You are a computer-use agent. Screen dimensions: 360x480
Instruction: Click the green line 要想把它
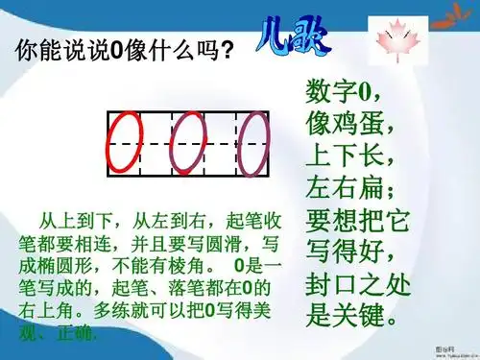358,219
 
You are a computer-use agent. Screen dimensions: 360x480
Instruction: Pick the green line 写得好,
350,251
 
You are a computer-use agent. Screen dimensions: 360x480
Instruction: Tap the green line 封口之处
358,284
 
